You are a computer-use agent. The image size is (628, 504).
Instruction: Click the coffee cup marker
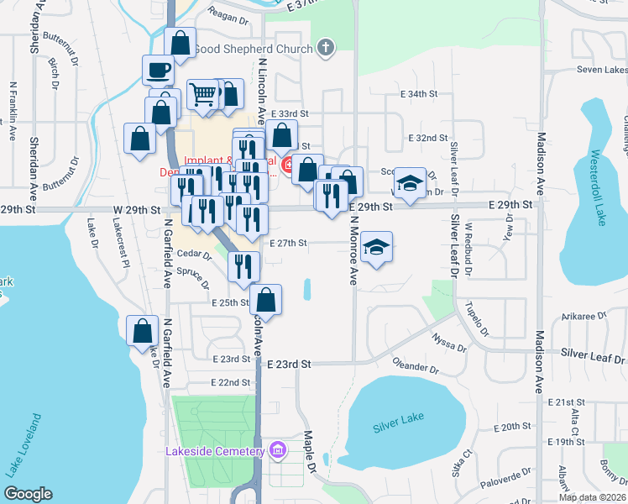[x=158, y=69]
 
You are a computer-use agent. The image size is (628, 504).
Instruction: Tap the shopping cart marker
[x=202, y=95]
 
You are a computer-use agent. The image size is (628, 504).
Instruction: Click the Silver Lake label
[x=395, y=427]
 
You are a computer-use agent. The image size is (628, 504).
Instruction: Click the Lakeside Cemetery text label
[x=216, y=452]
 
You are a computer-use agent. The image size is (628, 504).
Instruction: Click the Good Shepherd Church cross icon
[x=327, y=49]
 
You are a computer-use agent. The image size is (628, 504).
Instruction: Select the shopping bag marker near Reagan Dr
[x=181, y=41]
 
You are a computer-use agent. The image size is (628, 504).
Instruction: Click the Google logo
[x=28, y=494]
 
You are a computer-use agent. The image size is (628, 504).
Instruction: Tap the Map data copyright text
[x=592, y=497]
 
